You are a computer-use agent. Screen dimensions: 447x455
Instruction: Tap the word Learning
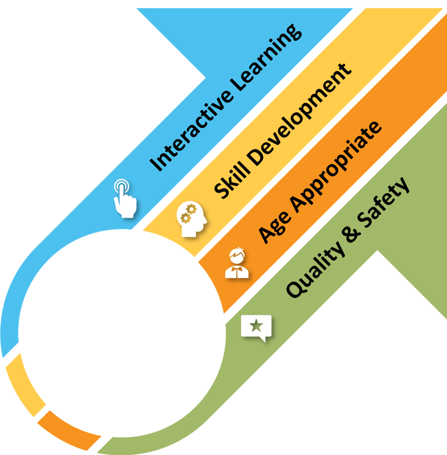click(267, 58)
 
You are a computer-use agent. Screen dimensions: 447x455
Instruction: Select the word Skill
click(231, 182)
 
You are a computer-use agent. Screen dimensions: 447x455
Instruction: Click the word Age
click(274, 227)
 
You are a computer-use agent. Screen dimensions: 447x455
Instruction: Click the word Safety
click(384, 202)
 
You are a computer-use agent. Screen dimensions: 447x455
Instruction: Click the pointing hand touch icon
click(125, 198)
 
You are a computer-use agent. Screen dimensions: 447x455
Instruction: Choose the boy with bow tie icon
click(237, 263)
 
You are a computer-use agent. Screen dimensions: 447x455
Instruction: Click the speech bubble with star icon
click(256, 328)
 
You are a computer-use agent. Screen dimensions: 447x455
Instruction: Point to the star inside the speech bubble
click(257, 325)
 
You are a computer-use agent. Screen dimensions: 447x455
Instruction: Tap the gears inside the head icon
click(189, 214)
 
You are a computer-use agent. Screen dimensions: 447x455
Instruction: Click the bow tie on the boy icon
click(237, 269)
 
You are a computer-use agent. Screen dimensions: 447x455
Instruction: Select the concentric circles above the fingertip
click(122, 186)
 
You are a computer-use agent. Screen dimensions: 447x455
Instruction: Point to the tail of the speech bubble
click(263, 339)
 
